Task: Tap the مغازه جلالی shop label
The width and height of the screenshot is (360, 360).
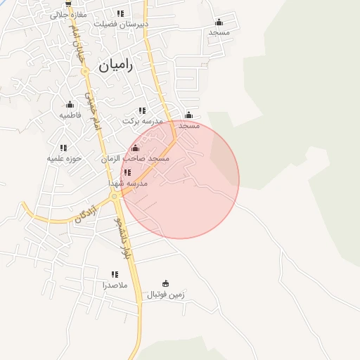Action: [x=68, y=14]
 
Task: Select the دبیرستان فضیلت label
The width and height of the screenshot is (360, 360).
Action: [x=123, y=23]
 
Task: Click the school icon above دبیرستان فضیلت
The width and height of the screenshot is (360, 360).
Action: [x=121, y=13]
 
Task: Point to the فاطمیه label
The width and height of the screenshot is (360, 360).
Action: [x=70, y=115]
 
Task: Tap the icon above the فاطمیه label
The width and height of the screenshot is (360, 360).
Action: [x=70, y=105]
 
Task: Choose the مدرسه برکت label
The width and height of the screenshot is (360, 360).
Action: [x=143, y=121]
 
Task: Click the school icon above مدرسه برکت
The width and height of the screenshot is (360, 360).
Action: [x=142, y=110]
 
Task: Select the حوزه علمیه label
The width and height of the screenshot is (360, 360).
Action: [x=65, y=158]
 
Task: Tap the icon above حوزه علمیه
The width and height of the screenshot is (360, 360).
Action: [x=63, y=148]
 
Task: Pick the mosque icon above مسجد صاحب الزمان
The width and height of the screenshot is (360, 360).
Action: [x=136, y=148]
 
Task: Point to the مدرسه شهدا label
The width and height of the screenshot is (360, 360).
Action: [x=127, y=183]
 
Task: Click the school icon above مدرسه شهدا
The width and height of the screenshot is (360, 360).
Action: [x=127, y=172]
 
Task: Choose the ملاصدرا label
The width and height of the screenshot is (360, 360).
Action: [x=115, y=285]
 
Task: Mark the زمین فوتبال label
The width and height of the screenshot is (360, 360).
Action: [x=166, y=295]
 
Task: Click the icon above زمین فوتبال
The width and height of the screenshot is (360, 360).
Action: [x=166, y=284]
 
